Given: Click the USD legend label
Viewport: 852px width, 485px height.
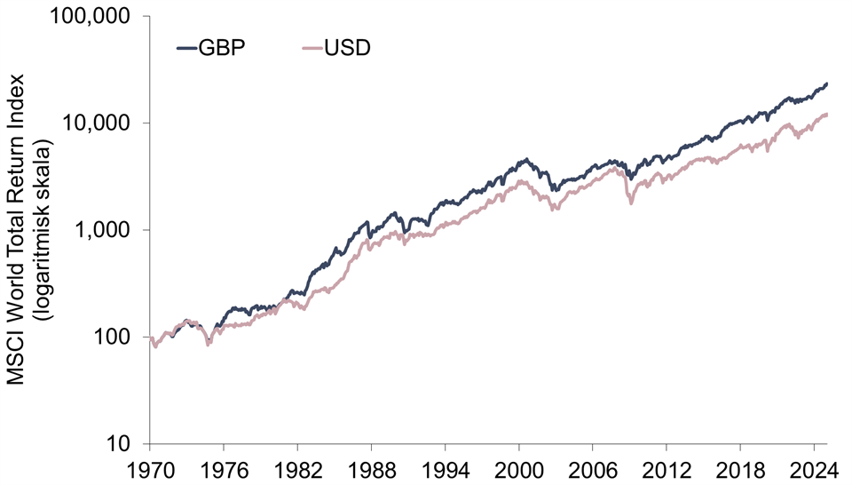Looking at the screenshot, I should point(347,47).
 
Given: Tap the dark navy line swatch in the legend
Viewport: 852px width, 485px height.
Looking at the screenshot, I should point(191,47).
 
